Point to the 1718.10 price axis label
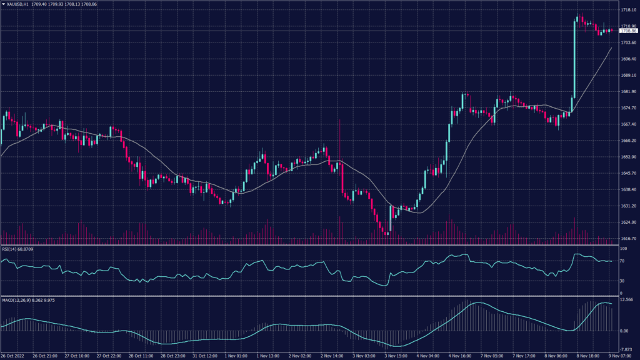tap(627, 11)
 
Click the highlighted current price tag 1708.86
tap(627, 30)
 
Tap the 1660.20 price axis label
tap(627, 141)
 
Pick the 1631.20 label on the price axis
tap(627, 206)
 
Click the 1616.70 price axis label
tap(627, 238)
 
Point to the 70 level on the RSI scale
tap(622, 261)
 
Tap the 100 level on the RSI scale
tap(623, 249)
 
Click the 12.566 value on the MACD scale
tap(626, 299)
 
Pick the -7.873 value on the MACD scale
tap(626, 349)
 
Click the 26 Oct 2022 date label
tap(12, 356)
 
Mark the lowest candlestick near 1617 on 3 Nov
tap(387, 231)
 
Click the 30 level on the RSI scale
tap(622, 281)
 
